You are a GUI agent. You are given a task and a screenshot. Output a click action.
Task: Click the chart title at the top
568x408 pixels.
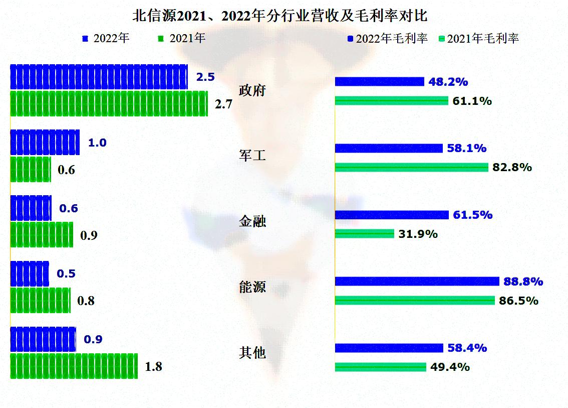point(280,16)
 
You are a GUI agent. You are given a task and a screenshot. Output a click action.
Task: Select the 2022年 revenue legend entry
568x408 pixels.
point(106,39)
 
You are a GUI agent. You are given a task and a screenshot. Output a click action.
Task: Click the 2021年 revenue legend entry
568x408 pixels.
point(182,39)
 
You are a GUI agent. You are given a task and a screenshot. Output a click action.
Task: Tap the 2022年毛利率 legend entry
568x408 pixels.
point(387,39)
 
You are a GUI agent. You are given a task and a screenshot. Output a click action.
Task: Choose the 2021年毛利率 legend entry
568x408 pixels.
point(478,39)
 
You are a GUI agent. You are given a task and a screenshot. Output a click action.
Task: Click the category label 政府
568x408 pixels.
point(252,91)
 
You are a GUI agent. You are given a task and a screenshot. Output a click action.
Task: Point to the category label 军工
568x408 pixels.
point(252,157)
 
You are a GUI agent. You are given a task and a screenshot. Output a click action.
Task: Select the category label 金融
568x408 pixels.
point(252,222)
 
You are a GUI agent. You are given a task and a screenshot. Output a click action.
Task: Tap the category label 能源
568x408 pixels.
point(252,288)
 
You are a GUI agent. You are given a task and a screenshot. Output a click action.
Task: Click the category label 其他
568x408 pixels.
point(252,353)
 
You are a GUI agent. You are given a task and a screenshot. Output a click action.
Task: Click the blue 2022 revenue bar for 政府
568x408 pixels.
point(99,77)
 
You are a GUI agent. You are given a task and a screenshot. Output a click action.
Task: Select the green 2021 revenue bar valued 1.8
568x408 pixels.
point(74,366)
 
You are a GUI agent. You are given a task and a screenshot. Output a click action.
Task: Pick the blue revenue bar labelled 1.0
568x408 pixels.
point(45,143)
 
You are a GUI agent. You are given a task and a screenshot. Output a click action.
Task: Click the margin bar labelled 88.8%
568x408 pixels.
point(417,281)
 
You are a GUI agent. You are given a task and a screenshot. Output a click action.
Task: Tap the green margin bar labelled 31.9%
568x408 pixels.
point(364,234)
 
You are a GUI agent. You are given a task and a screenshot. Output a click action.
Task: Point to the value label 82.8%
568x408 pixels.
point(512,168)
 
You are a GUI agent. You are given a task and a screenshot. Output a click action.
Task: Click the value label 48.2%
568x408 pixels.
point(448,82)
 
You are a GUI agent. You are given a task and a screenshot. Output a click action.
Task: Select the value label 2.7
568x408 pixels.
point(223,104)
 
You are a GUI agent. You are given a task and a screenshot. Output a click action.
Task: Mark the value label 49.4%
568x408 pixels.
point(450,367)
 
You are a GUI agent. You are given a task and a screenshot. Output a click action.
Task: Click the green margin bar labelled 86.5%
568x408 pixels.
point(414,301)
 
